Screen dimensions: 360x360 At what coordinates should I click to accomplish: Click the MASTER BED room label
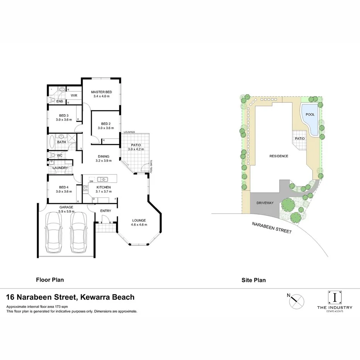click(x=102, y=92)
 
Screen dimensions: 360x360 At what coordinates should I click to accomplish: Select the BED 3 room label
click(x=64, y=115)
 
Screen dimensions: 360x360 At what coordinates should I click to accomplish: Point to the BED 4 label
click(x=64, y=187)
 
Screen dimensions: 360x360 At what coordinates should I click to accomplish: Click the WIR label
click(x=74, y=95)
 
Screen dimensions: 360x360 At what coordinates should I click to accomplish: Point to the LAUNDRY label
click(x=60, y=168)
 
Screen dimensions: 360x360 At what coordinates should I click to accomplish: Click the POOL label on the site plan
click(x=310, y=115)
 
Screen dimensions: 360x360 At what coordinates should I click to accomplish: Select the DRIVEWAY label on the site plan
click(x=265, y=203)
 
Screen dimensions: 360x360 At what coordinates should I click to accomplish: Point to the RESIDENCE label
click(x=278, y=156)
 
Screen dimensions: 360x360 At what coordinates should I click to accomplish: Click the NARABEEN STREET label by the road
click(x=272, y=227)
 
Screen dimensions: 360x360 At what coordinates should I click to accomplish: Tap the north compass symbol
click(x=297, y=300)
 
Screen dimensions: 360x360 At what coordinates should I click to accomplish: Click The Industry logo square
click(x=335, y=297)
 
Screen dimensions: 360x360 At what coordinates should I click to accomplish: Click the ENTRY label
click(x=105, y=211)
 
